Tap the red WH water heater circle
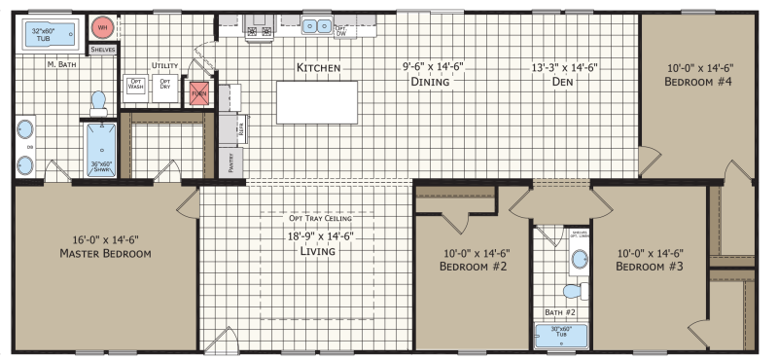coord(102,28)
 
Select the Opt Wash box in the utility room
coord(136,86)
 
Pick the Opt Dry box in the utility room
coord(165,86)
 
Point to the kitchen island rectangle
coord(318,102)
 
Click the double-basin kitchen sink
coord(316,26)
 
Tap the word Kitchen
coord(318,68)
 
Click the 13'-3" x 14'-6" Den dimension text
coord(563,68)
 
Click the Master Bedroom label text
coord(104,254)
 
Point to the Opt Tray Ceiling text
coord(317,218)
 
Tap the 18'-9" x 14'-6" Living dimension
coord(317,235)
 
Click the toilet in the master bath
coord(97,102)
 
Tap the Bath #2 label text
coord(559,312)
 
